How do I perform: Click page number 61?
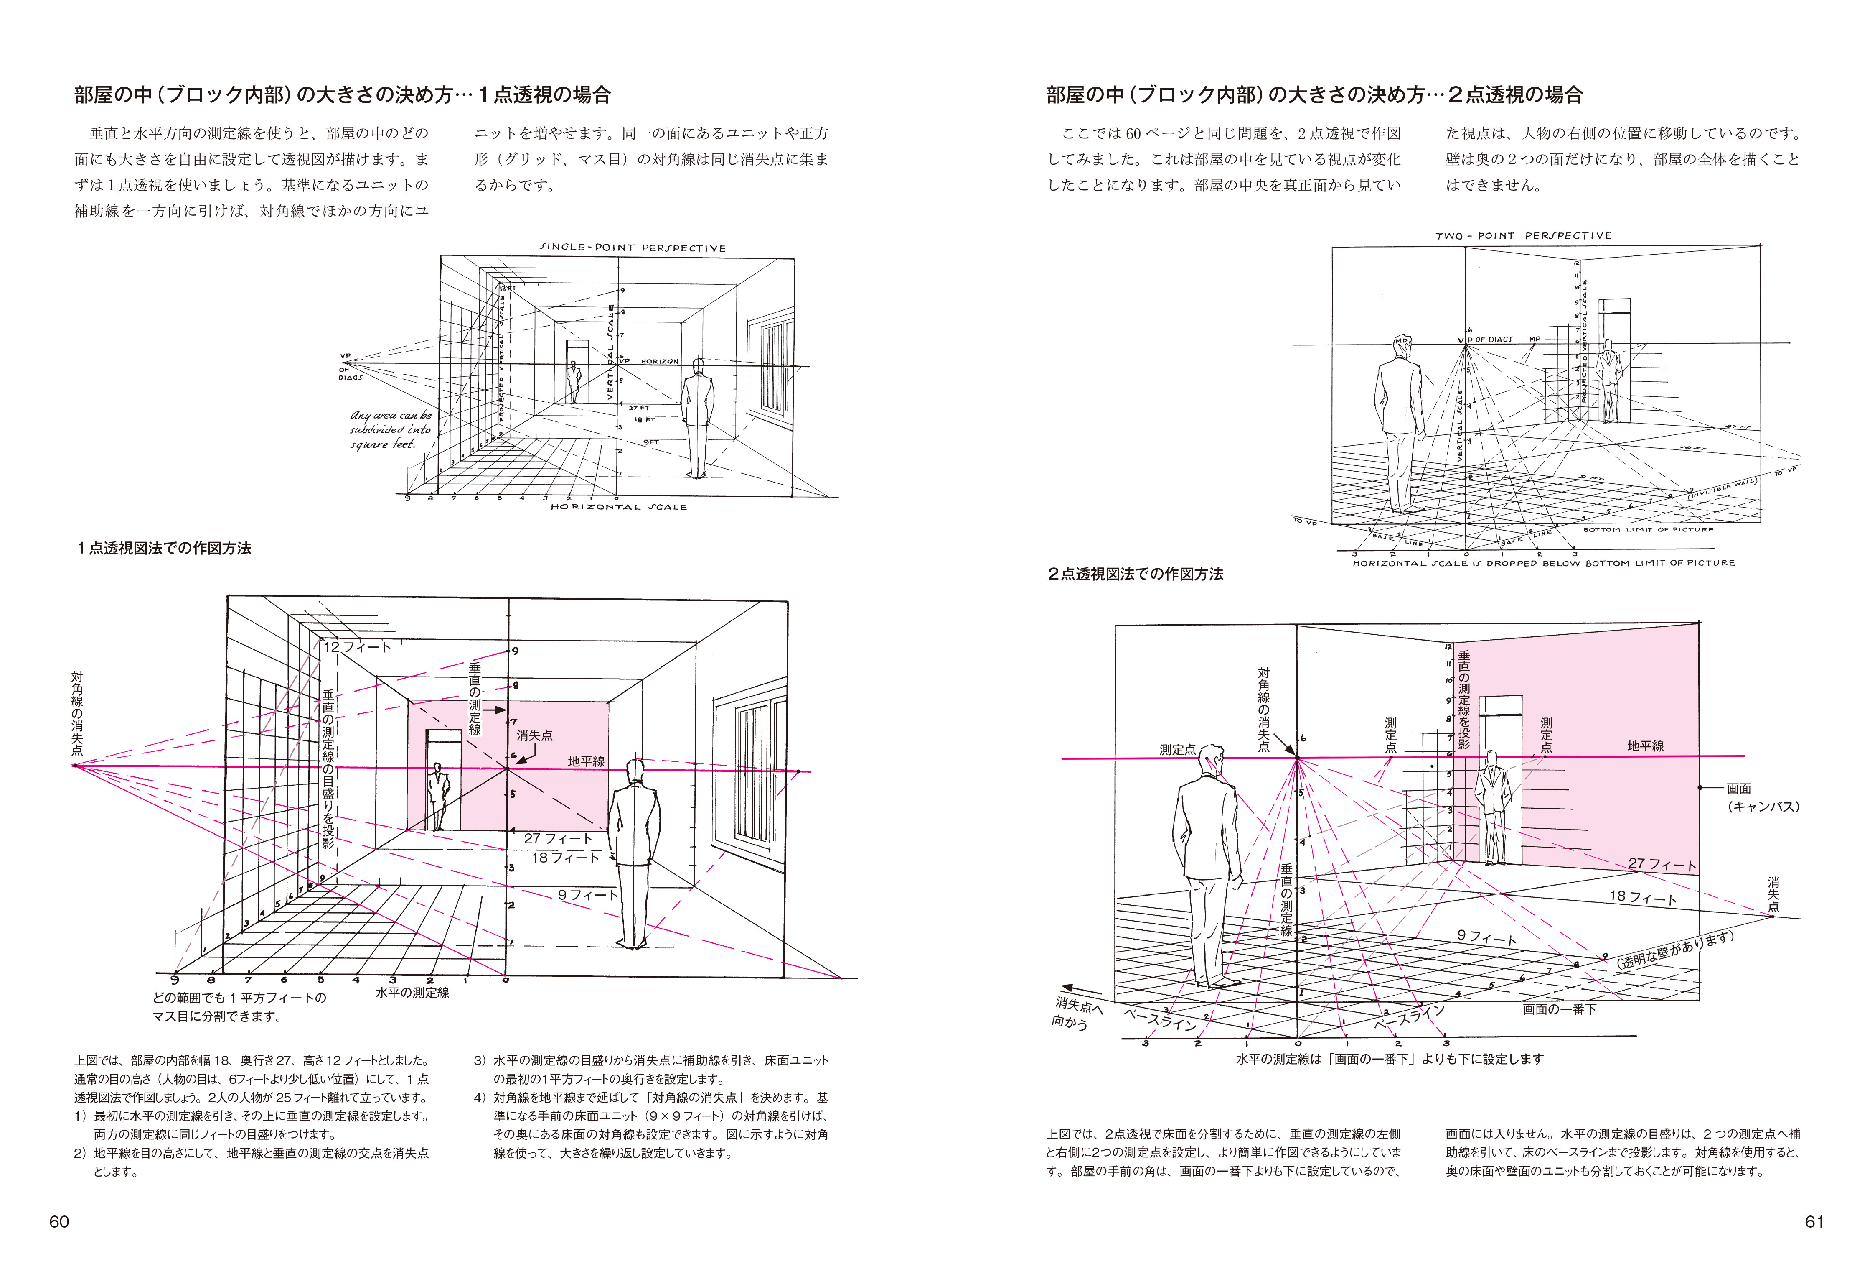click(1814, 1221)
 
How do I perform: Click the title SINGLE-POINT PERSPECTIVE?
click(632, 248)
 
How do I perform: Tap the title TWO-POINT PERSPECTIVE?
click(1522, 236)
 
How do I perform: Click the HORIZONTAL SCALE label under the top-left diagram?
click(618, 507)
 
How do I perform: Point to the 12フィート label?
click(357, 646)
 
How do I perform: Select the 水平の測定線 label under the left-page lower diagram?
click(412, 992)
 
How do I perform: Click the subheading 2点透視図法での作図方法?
click(1135, 574)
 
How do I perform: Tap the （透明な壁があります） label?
click(1674, 950)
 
